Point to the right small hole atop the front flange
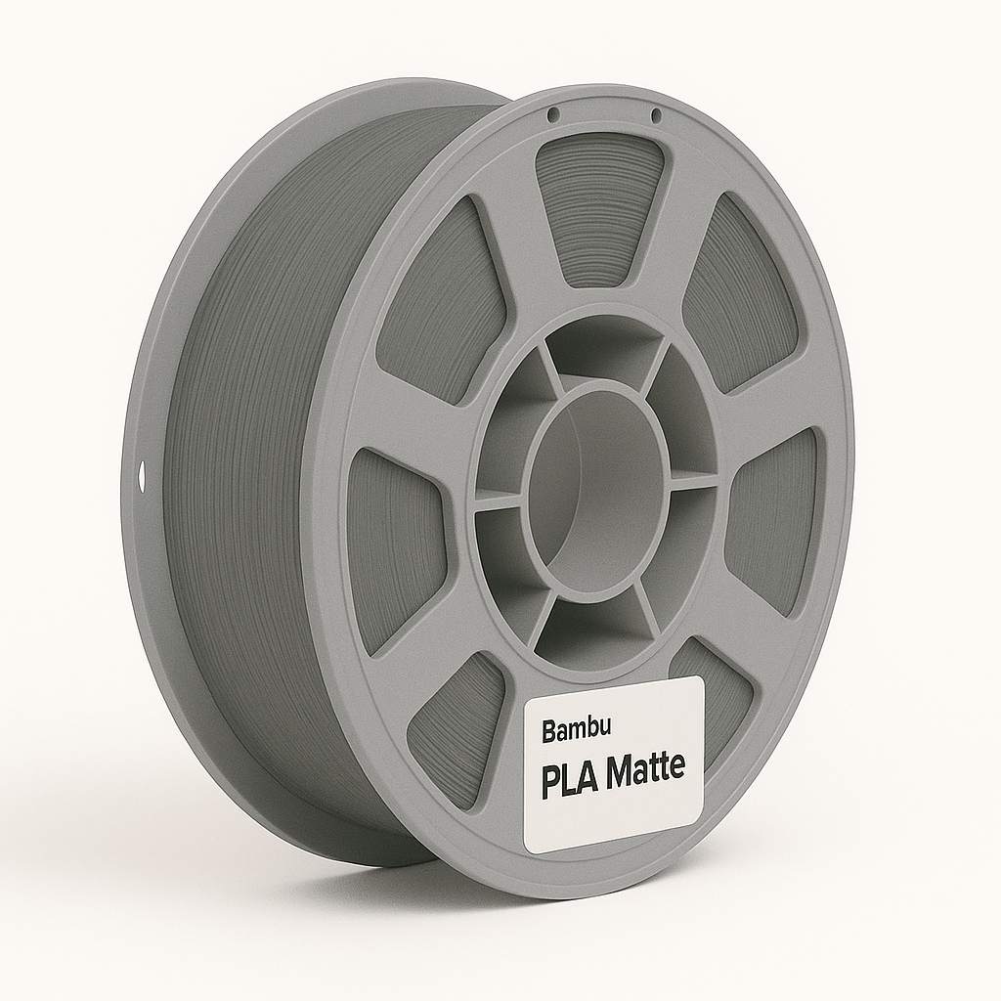click(x=656, y=116)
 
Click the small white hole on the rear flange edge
click(x=141, y=478)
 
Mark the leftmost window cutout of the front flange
click(x=391, y=547)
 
